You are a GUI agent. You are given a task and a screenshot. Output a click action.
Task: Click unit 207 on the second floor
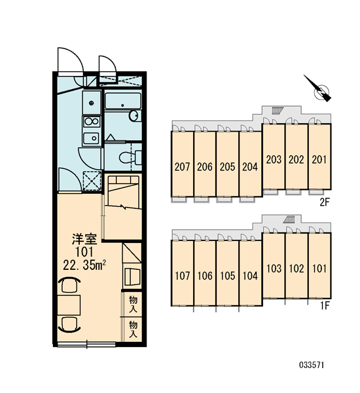[x=182, y=164]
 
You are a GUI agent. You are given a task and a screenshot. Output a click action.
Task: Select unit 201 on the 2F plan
[x=319, y=157]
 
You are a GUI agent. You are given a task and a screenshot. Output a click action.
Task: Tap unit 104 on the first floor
[x=250, y=273]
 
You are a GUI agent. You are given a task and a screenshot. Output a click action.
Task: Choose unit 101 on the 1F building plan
[x=319, y=266]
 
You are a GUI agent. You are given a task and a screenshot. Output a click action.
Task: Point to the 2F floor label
[x=325, y=202]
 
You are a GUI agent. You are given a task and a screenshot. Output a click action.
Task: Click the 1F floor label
[x=325, y=305]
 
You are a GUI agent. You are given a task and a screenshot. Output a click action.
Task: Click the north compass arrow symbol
[x=318, y=88]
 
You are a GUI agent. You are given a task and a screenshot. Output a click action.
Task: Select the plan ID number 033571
[x=312, y=365]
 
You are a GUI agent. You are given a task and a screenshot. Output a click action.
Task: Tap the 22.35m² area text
[x=84, y=265]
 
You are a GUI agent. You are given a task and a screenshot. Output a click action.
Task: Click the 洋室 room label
[x=84, y=239]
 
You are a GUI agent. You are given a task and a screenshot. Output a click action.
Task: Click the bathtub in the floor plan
[x=123, y=101]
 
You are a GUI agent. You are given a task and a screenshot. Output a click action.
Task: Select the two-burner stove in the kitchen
[x=92, y=122]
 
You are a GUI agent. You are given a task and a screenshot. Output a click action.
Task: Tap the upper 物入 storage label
[x=133, y=304]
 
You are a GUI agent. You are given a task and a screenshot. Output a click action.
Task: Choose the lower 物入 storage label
[x=133, y=329]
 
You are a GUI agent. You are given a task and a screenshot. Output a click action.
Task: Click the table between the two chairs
[x=69, y=305]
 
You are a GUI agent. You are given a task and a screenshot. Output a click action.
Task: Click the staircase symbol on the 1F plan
[x=289, y=219]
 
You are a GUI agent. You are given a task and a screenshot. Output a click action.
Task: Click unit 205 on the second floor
[x=228, y=164]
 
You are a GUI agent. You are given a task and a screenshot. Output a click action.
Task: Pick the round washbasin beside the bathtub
[x=134, y=115]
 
